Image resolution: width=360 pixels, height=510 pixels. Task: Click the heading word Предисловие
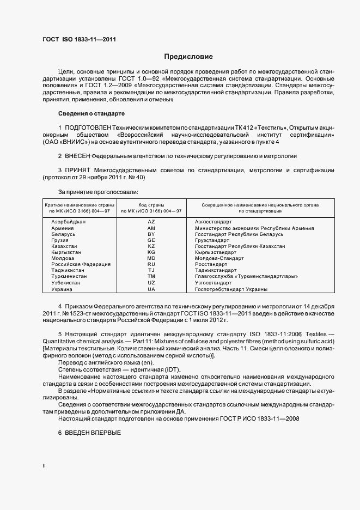[x=188, y=57]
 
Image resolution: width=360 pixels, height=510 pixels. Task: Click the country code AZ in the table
[x=151, y=222]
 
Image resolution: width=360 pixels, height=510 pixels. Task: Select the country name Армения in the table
[x=63, y=228]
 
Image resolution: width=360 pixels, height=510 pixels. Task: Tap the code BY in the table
[x=151, y=234]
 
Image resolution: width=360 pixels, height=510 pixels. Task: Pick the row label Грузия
[x=60, y=240]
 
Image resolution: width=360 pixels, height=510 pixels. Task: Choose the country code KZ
[x=151, y=246]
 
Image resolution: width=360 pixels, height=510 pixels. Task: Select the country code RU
[x=151, y=264]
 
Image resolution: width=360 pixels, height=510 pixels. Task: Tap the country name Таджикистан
[x=68, y=270]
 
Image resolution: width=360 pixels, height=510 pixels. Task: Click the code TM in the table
[x=151, y=276]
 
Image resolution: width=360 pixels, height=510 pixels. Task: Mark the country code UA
[x=151, y=289]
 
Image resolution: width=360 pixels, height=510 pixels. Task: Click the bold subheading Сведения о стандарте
[x=91, y=113]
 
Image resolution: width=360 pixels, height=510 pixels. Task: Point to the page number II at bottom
[x=44, y=466]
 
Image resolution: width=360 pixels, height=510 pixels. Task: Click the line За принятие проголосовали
[x=98, y=192]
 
